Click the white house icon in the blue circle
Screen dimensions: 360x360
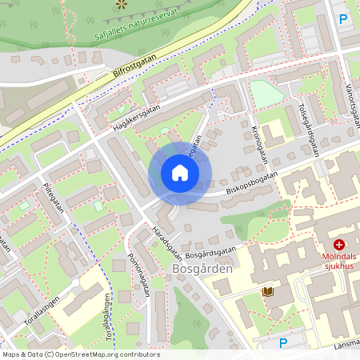[180, 172]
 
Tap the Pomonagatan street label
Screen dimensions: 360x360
[139, 276]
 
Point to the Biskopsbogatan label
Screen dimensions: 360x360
[251, 181]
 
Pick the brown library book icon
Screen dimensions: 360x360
[267, 292]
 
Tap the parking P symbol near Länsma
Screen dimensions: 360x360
[282, 343]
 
